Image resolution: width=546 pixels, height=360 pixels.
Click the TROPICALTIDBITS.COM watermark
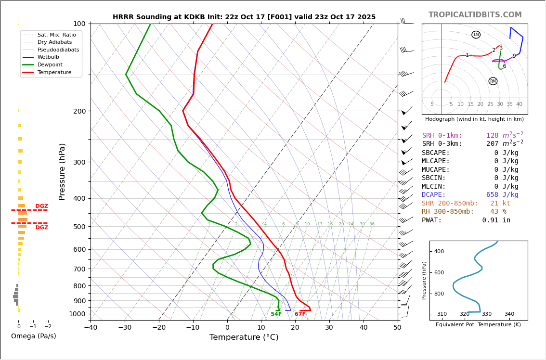click(475, 15)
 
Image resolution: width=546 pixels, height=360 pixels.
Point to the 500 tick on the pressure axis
click(79, 227)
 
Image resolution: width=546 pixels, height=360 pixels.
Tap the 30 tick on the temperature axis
click(329, 328)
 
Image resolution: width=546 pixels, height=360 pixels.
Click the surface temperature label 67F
click(300, 314)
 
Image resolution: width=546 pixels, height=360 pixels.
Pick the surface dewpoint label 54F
click(276, 314)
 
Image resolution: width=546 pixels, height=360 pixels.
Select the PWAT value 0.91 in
click(496, 220)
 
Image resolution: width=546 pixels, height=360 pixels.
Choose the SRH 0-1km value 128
click(492, 136)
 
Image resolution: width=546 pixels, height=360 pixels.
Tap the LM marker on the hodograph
click(476, 35)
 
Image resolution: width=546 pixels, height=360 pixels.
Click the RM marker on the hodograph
click(493, 81)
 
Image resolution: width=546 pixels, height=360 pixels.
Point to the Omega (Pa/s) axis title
click(33, 336)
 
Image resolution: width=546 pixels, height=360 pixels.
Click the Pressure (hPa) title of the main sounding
click(63, 171)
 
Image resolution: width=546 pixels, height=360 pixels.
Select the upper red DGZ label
click(41, 206)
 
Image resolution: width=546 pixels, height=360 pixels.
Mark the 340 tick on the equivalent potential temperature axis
click(509, 314)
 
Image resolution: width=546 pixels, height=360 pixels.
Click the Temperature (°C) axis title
click(244, 337)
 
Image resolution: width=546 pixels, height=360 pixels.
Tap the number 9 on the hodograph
click(514, 56)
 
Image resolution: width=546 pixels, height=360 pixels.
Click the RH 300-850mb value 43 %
click(498, 212)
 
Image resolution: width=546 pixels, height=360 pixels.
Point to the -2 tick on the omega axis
click(48, 326)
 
